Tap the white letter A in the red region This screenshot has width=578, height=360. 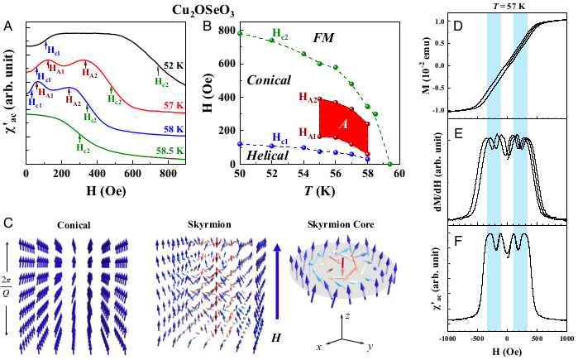(x=341, y=123)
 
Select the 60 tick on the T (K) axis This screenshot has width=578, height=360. (x=399, y=172)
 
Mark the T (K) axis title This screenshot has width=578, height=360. (x=320, y=188)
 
